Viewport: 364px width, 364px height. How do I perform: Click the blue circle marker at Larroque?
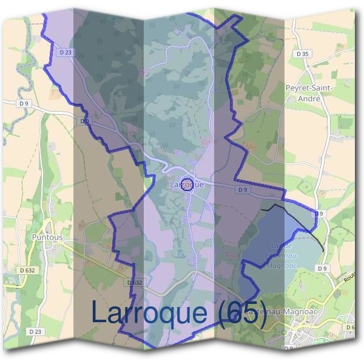pyautogui.click(x=188, y=184)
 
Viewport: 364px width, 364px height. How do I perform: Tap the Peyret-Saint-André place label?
pyautogui.click(x=308, y=92)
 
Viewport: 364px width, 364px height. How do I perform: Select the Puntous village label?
pyautogui.click(x=48, y=237)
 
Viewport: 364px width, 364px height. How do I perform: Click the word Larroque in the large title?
pyautogui.click(x=149, y=312)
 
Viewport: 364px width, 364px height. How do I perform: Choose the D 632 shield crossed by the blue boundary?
pyautogui.click(x=135, y=283)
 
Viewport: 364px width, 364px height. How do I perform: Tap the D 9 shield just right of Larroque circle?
pyautogui.click(x=243, y=190)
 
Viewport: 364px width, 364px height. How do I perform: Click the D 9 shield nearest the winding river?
pyautogui.click(x=24, y=104)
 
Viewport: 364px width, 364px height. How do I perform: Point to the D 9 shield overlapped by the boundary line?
pyautogui.click(x=85, y=121)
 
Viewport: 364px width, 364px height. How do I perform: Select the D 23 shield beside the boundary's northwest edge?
pyautogui.click(x=66, y=53)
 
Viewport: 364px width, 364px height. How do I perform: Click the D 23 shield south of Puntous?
pyautogui.click(x=35, y=332)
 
